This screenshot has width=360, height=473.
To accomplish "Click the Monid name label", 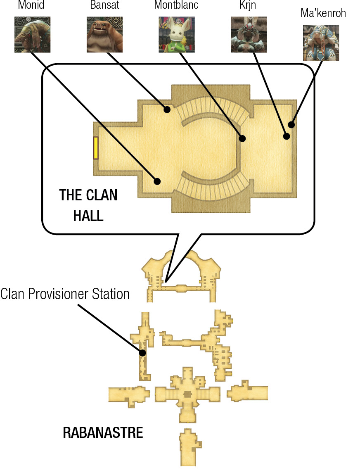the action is click(31, 5).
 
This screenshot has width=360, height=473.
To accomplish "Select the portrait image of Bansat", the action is click(104, 34).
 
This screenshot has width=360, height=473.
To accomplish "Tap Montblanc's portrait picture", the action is click(177, 34).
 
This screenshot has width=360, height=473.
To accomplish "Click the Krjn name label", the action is click(248, 5).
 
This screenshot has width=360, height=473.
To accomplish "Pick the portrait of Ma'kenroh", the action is click(321, 43).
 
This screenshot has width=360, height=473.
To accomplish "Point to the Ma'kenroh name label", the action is click(323, 13).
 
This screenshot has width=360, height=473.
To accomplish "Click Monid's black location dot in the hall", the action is click(157, 181).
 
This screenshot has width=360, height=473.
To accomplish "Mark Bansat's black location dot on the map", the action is click(167, 109).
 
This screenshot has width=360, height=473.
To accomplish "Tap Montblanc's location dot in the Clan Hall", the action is click(242, 138).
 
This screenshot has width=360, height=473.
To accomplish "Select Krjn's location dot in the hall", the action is click(287, 136).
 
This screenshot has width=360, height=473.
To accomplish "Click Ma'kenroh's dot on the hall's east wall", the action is click(291, 124).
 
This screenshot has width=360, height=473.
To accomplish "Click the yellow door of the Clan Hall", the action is click(96, 148).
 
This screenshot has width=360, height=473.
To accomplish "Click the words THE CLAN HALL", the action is click(88, 205).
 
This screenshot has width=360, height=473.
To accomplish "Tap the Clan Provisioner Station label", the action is click(65, 294).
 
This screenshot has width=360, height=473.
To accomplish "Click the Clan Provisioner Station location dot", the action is click(142, 352).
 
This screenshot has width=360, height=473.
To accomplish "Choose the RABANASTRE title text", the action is click(103, 433).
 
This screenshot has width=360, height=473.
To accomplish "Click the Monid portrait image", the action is click(33, 34).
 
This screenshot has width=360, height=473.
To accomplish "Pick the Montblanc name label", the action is click(176, 5).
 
